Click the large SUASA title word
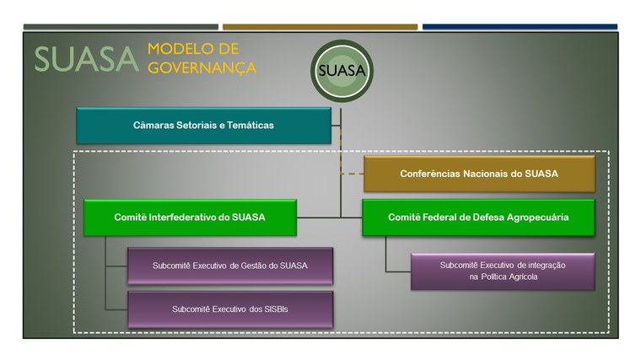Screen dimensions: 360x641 pyautogui.click(x=85, y=59)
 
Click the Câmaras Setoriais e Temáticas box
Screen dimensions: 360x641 pyautogui.click(x=203, y=126)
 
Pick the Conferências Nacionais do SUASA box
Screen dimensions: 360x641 pyautogui.click(x=479, y=174)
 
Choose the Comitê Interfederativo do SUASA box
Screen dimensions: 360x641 pyautogui.click(x=190, y=217)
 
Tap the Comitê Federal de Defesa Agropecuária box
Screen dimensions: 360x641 pyautogui.click(x=478, y=217)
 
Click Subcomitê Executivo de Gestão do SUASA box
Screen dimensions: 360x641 pyautogui.click(x=229, y=266)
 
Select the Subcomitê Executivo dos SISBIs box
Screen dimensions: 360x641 pyautogui.click(x=229, y=309)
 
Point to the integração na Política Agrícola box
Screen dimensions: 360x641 pyautogui.click(x=502, y=271)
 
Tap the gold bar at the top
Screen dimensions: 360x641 pyautogui.click(x=320, y=27)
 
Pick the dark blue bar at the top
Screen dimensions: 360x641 pyautogui.click(x=520, y=27)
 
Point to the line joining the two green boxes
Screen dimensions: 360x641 pyautogui.click(x=329, y=218)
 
